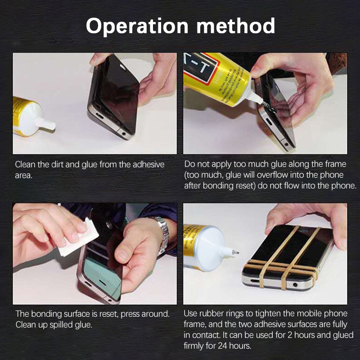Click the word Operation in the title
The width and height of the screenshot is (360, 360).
coord(137,27)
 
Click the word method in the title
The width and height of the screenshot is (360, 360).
coord(235,26)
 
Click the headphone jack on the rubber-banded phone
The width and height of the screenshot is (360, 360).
coord(295,285)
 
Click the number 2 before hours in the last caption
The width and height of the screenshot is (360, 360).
coord(290,335)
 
